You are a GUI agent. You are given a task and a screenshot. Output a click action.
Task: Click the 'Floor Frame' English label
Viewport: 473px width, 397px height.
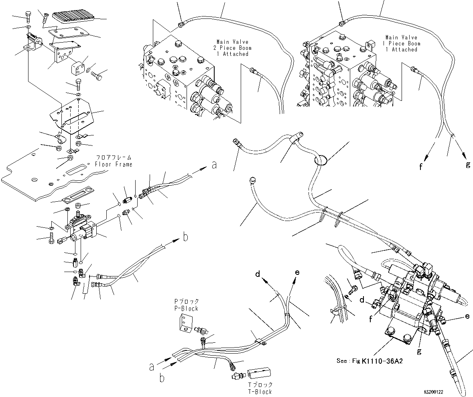coord(113,164)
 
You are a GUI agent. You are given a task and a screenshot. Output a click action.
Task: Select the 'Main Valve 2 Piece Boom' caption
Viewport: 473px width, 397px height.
coord(233,48)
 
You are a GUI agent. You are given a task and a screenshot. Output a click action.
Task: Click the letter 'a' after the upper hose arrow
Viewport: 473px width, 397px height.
coord(214,165)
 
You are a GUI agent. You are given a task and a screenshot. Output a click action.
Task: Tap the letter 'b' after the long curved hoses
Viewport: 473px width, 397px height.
coord(185,237)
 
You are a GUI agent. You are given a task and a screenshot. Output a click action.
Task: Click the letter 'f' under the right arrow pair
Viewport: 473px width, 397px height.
coord(420,167)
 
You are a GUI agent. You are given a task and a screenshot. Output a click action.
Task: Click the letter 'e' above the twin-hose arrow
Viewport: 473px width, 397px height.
coord(297,272)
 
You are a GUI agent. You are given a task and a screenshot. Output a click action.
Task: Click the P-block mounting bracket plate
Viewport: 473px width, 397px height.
coord(185,323)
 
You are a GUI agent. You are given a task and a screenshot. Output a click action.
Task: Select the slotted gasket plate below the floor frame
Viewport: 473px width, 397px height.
coord(77,200)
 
